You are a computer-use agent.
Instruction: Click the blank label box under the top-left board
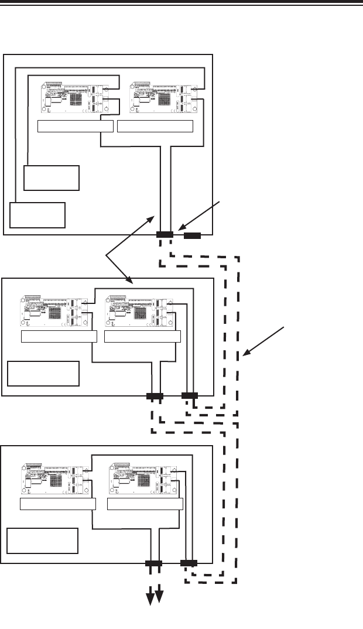point(75,126)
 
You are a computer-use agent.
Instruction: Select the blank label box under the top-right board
point(155,126)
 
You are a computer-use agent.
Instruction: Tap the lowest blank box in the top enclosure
point(37,215)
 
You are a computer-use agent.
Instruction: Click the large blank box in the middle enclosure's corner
point(43,374)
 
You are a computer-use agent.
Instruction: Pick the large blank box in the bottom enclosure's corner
point(42,541)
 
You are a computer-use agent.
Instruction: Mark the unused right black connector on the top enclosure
point(193,236)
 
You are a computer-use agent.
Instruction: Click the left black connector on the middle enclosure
point(155,396)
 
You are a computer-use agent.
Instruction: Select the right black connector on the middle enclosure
point(190,396)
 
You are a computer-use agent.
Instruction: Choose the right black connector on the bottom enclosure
point(189,563)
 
